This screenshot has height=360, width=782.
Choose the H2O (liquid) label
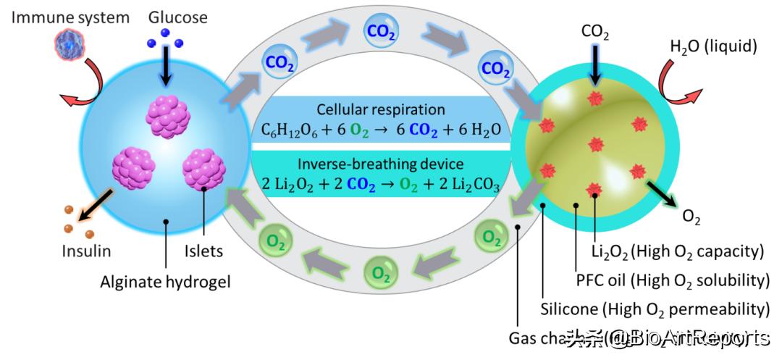pos(713,47)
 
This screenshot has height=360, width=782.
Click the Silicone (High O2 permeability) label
pos(655,309)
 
